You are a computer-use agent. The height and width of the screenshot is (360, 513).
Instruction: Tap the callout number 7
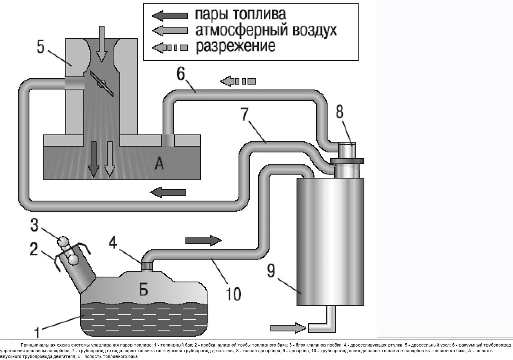(244, 115)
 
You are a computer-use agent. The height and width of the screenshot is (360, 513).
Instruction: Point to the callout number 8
(340, 111)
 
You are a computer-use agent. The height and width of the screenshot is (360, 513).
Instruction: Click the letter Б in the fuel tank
(143, 290)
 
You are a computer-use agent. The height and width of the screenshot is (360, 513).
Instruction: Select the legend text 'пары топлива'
(240, 14)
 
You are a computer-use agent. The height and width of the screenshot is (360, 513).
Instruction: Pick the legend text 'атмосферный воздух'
(266, 31)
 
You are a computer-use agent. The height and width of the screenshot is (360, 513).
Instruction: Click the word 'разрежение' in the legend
(236, 46)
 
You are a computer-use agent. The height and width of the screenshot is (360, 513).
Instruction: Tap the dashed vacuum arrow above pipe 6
(239, 80)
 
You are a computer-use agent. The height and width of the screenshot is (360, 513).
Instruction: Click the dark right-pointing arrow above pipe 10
(203, 240)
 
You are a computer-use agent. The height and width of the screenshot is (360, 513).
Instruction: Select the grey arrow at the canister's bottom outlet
(288, 327)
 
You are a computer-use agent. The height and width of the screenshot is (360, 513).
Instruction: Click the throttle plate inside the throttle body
(102, 84)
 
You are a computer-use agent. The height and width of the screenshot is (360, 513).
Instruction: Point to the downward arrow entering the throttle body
(102, 43)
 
